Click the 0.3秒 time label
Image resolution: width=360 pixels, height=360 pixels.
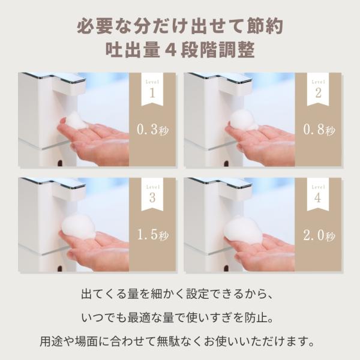[152, 130]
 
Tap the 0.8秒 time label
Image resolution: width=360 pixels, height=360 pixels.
[319, 130]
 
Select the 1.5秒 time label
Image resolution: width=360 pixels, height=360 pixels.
[152, 235]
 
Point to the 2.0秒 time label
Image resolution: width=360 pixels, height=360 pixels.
[319, 235]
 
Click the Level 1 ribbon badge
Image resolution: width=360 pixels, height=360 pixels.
[152, 89]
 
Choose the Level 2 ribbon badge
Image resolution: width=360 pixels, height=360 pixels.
[318, 89]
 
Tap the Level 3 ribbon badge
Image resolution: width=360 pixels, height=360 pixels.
[152, 194]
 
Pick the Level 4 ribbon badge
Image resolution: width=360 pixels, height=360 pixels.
[318, 194]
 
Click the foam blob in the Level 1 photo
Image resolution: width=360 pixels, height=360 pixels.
[76, 121]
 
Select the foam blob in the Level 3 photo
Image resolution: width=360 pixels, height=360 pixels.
[79, 227]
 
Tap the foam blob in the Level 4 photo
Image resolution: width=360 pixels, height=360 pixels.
[243, 229]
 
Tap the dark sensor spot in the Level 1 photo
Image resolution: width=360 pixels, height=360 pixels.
[59, 163]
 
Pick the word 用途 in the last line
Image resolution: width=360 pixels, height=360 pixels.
[51, 341]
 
